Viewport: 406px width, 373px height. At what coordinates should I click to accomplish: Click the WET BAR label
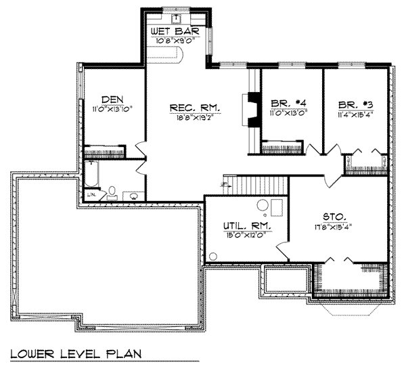(x=177, y=31)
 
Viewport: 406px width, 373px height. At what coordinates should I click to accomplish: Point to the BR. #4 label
(x=289, y=103)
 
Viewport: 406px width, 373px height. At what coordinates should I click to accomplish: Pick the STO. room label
(x=335, y=217)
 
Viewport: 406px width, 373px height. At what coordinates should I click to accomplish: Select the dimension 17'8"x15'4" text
(x=335, y=227)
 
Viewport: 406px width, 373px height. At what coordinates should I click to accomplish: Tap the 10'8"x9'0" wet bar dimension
(x=177, y=41)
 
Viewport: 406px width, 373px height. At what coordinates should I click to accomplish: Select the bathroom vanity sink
(x=134, y=197)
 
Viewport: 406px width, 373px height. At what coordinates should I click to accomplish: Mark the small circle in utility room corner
(x=214, y=256)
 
